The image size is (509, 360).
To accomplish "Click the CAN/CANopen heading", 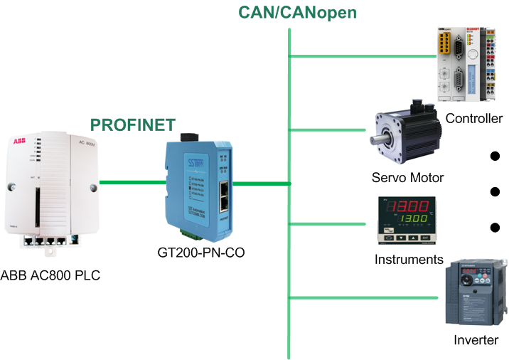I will point(296,12).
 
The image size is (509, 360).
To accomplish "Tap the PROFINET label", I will point(132,125).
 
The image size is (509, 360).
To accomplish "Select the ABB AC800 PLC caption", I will point(50,275).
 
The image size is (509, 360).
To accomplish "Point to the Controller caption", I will point(473,118).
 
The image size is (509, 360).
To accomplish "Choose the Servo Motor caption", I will point(407,177).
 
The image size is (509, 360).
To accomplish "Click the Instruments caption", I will point(409,260).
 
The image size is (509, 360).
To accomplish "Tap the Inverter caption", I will point(476,340).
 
